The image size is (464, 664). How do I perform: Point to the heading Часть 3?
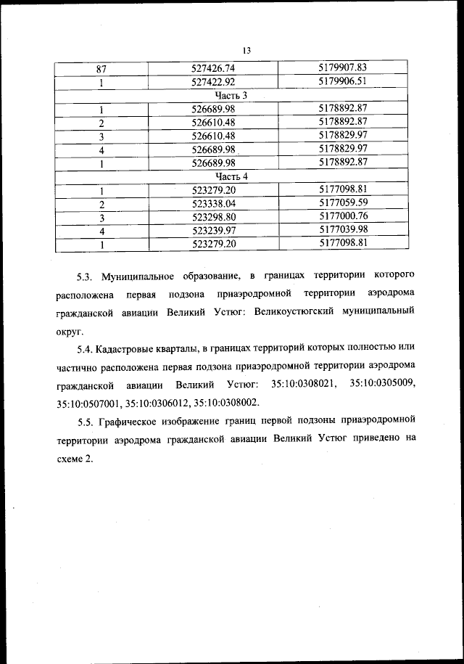tap(232, 96)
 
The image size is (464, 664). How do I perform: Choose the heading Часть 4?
tap(232, 176)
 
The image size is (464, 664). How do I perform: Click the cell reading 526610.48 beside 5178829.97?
tap(213, 136)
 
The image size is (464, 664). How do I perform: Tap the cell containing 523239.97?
tap(213, 230)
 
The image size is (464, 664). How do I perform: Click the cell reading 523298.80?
tap(213, 217)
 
